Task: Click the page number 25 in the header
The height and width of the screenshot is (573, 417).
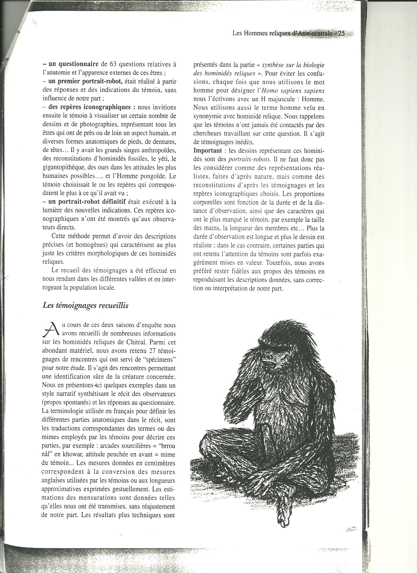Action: (341, 34)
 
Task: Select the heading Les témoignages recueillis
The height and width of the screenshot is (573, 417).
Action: (85, 305)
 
